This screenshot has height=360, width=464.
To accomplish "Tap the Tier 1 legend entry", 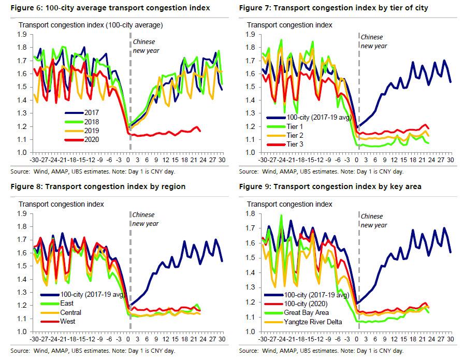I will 295,126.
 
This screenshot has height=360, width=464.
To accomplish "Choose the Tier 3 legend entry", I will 295,144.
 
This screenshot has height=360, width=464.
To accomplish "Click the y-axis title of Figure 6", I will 91,25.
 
